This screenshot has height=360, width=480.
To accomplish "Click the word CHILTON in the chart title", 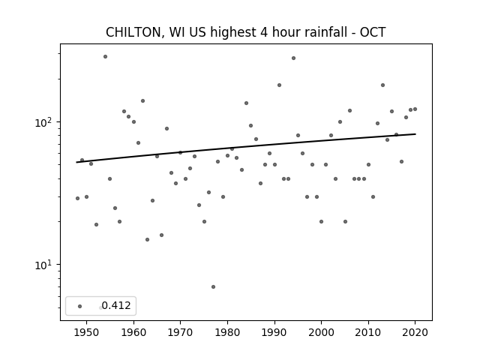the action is click(133, 32).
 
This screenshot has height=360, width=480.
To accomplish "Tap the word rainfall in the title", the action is click(325, 32).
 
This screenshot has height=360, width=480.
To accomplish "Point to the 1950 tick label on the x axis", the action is click(87, 332).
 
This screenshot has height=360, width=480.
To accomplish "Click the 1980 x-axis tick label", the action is click(227, 332).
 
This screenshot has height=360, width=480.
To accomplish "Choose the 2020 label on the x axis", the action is click(415, 332).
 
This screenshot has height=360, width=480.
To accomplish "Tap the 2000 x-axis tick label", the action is click(321, 332).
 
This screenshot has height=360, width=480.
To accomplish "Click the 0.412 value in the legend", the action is click(116, 305).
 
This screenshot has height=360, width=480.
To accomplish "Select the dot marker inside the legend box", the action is click(80, 306).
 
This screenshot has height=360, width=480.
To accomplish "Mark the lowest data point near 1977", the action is click(213, 286).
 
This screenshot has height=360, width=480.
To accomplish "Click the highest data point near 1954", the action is click(105, 57).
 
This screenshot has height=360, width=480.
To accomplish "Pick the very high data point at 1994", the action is click(293, 58).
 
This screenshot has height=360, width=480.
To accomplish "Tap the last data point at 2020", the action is click(415, 109).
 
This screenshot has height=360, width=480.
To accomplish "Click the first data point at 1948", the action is click(77, 198).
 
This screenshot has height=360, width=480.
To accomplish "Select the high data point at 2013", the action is click(382, 85).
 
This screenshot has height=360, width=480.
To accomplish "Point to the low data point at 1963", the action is click(147, 240).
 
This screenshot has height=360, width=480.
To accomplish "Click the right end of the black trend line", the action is click(415, 134).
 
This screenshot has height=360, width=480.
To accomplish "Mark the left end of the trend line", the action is click(76, 162).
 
